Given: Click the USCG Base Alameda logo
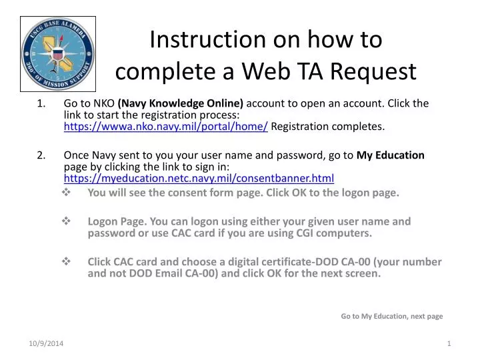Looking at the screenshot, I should (59, 54).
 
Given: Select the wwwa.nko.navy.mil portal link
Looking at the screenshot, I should (165, 127).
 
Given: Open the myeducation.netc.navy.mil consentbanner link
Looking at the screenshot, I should (199, 179).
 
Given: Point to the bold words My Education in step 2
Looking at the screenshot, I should (391, 155).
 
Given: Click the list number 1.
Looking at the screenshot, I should (42, 103).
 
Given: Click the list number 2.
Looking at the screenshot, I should (42, 155).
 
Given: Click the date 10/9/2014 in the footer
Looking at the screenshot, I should (46, 343).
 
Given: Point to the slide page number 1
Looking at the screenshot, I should (449, 343).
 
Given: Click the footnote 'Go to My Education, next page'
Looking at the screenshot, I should (391, 316).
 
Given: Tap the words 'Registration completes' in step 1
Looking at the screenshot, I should (327, 127).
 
